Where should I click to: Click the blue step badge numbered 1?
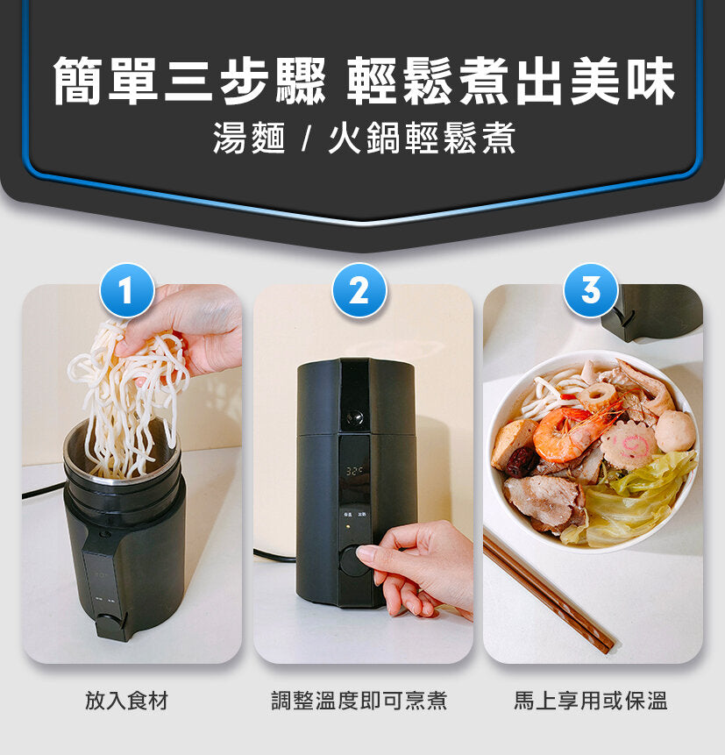tap(127, 290)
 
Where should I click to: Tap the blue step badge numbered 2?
tap(359, 290)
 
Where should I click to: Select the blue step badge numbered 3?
tap(591, 290)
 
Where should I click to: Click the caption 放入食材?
tap(126, 701)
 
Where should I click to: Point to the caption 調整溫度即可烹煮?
tap(359, 701)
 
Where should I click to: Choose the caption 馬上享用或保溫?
tap(590, 701)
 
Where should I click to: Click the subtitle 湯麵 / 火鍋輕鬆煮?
tap(363, 139)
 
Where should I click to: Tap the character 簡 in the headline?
tap(79, 82)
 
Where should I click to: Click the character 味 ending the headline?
tap(650, 82)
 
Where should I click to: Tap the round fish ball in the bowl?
tap(676, 431)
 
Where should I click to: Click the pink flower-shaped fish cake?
tap(629, 442)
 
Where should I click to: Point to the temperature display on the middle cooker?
tap(354, 472)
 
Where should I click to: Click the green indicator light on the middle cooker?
tap(347, 528)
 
